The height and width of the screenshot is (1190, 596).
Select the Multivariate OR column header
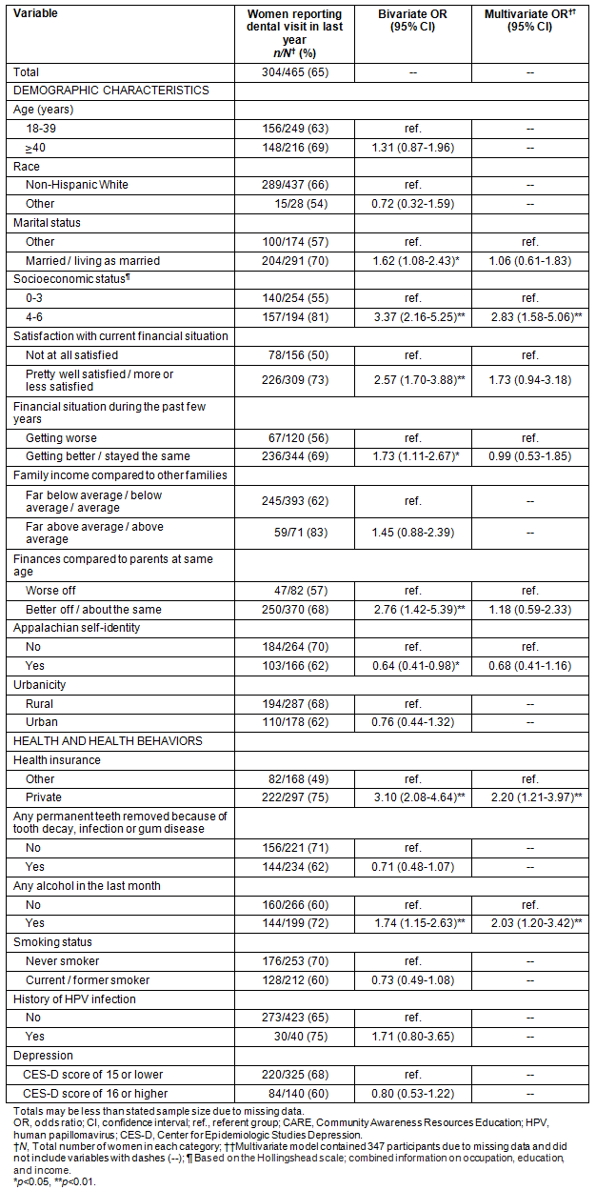[527, 20]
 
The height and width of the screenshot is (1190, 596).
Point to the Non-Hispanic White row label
[76, 186]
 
